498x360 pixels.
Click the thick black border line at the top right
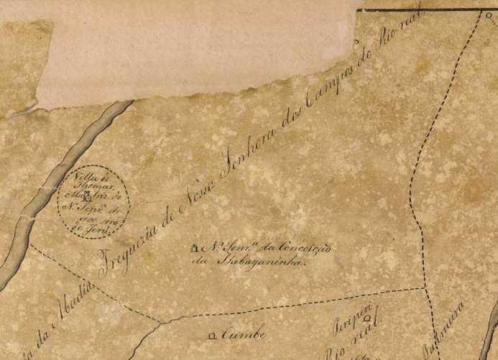431,10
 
